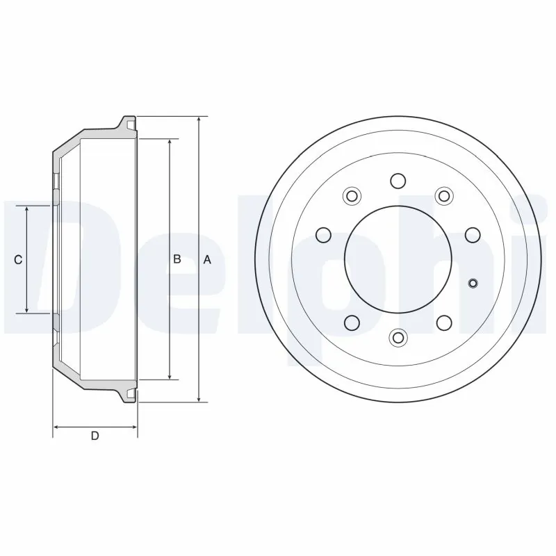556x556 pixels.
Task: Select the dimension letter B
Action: coord(177,259)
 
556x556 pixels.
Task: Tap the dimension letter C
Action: coord(19,259)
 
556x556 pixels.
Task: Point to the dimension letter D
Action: coord(95,436)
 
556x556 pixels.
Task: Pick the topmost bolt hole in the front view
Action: coord(398,181)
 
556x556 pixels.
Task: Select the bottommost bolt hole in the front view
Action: coord(398,337)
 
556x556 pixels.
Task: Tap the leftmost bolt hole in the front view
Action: coord(322,234)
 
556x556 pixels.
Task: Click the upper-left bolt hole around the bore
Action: coord(352,195)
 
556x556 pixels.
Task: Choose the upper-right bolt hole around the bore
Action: coord(443,195)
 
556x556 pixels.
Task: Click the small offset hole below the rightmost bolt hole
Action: coord(473,282)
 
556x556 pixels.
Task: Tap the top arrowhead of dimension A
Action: coord(199,120)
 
